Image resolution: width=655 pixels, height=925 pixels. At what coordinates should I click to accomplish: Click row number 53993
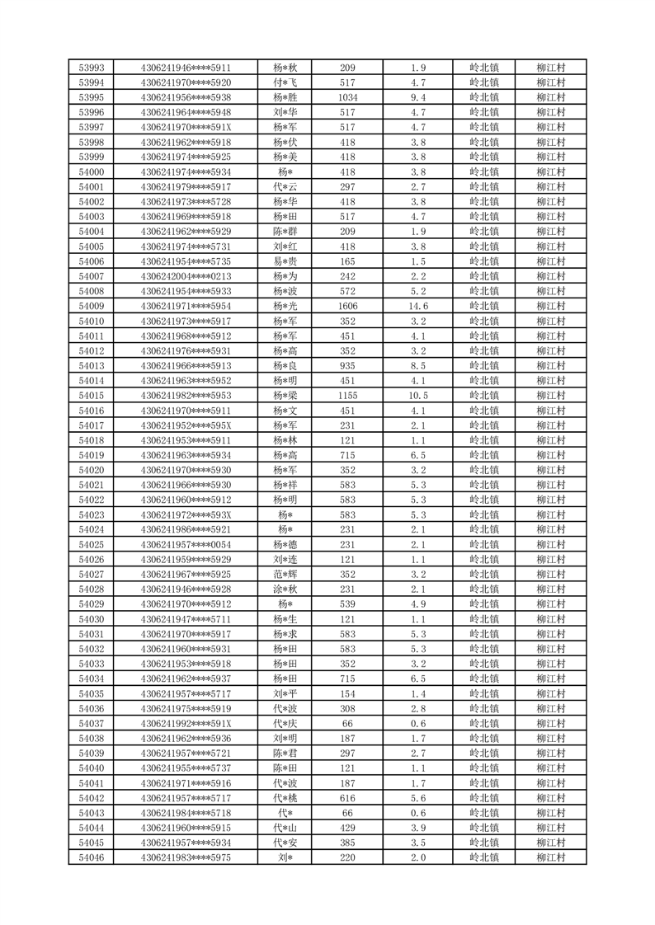point(91,68)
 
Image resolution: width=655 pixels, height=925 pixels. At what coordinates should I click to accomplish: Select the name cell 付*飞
point(286,82)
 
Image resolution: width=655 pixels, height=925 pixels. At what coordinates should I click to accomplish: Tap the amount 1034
point(347,97)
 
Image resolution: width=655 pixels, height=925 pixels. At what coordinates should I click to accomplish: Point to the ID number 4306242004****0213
point(186,276)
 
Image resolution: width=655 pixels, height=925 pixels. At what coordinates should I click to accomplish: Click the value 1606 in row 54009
point(347,306)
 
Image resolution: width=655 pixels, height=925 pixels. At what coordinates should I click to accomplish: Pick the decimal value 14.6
point(417,306)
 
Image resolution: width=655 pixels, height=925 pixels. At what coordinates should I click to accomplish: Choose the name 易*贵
point(286,261)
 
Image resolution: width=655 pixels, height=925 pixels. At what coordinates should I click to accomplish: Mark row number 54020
point(91,470)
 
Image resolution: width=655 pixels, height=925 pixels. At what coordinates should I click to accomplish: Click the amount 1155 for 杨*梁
point(347,396)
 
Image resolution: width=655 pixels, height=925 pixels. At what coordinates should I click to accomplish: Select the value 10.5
point(417,396)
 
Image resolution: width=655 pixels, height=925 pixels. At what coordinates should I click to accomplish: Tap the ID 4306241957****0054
point(186,545)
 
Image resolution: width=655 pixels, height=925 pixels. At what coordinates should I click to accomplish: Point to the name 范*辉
point(286,575)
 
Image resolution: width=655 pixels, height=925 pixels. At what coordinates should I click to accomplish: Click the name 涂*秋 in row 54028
point(286,589)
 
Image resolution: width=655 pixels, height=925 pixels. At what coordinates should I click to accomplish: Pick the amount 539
point(347,604)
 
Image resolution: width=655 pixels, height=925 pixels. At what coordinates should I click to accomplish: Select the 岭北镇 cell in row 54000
point(483,171)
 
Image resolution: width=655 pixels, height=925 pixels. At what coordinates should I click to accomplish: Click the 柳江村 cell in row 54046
point(549,858)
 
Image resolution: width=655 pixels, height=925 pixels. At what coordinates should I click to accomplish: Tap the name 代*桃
point(286,798)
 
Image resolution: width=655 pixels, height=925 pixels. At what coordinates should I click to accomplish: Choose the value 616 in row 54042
point(347,798)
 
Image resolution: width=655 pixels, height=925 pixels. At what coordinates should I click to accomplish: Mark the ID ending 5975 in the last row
point(186,858)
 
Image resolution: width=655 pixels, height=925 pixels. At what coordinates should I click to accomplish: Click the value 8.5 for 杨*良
point(417,365)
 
